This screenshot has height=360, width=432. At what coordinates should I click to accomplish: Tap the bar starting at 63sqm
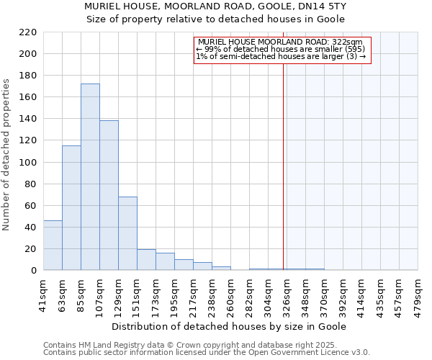tap(71, 208)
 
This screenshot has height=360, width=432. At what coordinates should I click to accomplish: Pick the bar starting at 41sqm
tap(53, 246)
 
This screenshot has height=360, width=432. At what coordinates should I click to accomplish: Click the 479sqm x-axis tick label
tap(418, 293)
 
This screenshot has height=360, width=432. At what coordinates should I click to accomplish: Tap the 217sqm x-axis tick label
tap(193, 293)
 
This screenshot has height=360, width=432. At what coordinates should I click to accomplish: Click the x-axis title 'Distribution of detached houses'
tap(230, 326)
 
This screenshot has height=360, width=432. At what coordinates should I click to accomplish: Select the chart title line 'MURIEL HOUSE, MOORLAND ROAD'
tap(216, 6)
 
